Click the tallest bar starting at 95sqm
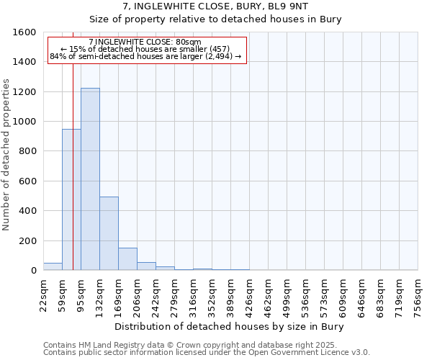90,179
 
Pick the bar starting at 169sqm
127,258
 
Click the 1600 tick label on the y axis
24,32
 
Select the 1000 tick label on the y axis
24,122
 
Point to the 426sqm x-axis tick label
249,294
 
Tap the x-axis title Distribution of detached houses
230,327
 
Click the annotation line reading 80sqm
146,42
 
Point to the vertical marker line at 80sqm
73,166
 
